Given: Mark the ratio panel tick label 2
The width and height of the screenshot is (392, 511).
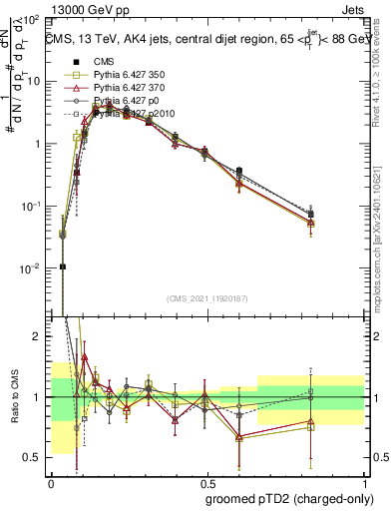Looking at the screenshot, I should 38,337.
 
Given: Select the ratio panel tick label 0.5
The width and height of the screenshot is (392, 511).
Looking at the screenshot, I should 33,457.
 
